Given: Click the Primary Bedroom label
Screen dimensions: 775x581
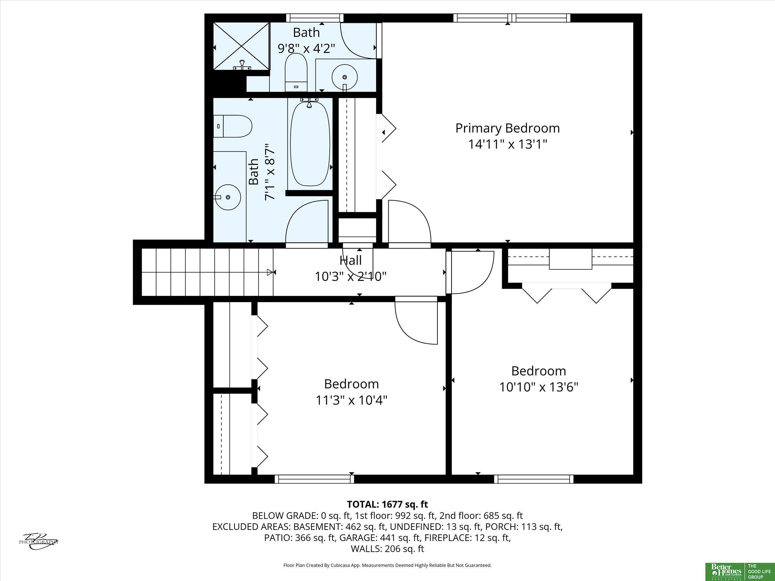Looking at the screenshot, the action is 507,129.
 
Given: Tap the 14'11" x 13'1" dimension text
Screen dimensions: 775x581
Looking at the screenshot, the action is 508,144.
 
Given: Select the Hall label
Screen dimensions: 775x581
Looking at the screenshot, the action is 351,260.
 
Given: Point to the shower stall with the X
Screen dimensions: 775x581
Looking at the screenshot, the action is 241,47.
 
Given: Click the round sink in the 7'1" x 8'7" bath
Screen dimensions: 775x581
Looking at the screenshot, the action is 228,198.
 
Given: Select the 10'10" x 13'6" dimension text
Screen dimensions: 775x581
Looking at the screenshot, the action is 539,387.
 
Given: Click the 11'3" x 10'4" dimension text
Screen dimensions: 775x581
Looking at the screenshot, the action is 351,400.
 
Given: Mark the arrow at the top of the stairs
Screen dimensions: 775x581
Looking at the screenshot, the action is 270,272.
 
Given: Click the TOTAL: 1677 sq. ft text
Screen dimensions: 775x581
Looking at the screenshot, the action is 387,504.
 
